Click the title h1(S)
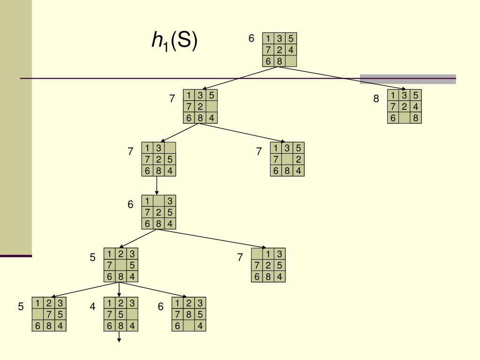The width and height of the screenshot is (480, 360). click(x=174, y=41)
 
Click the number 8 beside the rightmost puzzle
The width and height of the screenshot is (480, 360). click(x=376, y=99)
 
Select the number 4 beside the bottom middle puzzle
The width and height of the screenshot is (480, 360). click(x=92, y=307)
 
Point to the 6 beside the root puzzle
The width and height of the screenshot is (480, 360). click(x=251, y=38)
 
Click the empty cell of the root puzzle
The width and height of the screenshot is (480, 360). click(x=291, y=61)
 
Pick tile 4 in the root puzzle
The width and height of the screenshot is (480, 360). click(x=291, y=50)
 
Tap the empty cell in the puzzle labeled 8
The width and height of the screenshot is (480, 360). click(x=404, y=118)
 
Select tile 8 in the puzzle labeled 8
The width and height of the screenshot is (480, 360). click(x=415, y=118)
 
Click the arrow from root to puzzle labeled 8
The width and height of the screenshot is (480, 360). click(x=342, y=78)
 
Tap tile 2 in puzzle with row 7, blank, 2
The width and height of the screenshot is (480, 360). click(x=299, y=159)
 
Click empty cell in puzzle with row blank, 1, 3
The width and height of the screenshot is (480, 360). click(x=257, y=254)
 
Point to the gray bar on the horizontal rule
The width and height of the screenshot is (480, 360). click(x=408, y=79)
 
